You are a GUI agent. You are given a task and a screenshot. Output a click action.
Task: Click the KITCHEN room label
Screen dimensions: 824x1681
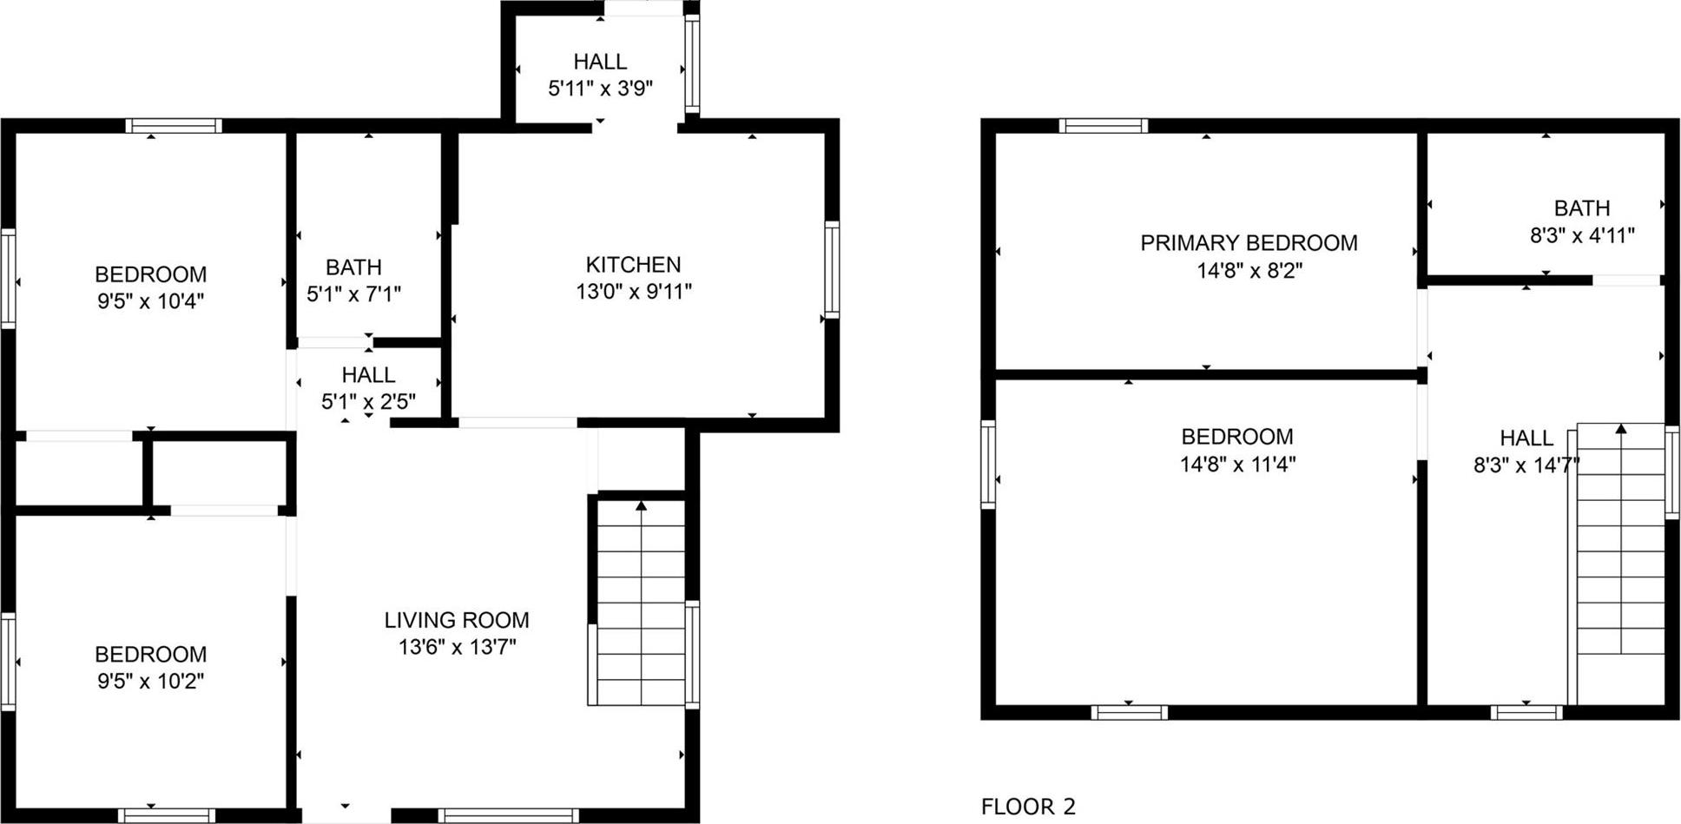tap(633, 264)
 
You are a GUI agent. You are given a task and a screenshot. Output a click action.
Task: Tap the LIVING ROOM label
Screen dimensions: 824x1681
tap(457, 620)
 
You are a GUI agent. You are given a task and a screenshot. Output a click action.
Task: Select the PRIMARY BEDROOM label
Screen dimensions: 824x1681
tap(1249, 243)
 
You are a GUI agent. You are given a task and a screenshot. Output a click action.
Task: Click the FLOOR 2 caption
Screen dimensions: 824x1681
tap(1028, 807)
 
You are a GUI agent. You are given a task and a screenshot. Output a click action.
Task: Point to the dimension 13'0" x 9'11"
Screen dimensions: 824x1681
tap(634, 292)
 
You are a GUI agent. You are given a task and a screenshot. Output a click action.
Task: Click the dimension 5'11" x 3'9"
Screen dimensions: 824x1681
tap(600, 89)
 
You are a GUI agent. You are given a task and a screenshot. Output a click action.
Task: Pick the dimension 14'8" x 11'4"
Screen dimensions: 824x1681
tap(1237, 465)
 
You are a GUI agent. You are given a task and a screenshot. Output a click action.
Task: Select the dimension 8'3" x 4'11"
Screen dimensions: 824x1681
tap(1582, 235)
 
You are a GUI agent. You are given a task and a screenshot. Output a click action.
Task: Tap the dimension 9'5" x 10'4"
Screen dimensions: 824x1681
tap(150, 301)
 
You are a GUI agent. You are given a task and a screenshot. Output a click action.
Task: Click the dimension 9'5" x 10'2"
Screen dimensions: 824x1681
tap(150, 681)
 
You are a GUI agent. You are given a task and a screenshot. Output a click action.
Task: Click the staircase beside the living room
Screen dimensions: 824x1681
tap(641, 608)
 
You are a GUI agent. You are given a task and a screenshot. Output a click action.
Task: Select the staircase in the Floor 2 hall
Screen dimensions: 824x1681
tap(1620, 564)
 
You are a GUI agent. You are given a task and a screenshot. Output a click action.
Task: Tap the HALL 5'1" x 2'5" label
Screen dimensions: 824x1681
tap(368, 375)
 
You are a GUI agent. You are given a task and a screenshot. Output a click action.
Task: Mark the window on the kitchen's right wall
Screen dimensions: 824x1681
tap(831, 269)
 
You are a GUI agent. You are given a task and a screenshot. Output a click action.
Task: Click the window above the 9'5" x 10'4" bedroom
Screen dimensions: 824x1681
tap(174, 126)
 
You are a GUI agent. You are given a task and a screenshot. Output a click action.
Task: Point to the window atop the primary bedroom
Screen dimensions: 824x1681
tap(1103, 126)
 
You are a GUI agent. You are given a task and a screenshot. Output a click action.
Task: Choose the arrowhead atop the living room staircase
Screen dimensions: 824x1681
tap(641, 505)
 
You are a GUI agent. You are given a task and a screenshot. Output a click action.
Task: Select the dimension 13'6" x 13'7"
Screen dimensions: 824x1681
tap(457, 647)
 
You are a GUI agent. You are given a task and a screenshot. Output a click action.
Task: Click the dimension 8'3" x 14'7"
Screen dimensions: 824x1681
tap(1526, 465)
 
